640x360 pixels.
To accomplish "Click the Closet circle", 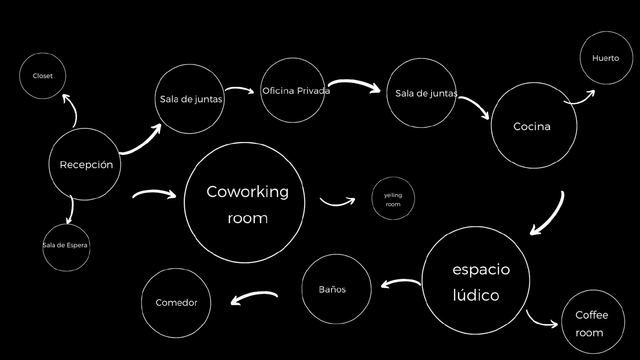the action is pos(43,76).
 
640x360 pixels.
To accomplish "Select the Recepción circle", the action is pos(85,164).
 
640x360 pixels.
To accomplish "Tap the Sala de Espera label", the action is pos(65,245).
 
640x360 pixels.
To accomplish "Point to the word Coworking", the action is pos(247,192).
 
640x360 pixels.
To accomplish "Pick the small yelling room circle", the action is pos(393,199).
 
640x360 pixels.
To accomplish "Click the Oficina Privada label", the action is pos(296,91).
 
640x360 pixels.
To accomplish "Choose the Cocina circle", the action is pos(534,125).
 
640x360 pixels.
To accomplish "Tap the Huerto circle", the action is pos(606,58).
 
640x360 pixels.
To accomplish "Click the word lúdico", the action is pos(476,295).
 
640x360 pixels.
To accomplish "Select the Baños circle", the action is pos(336,289).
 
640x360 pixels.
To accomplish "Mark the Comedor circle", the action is pos(176,303).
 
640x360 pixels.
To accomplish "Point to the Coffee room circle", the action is pos(593,322).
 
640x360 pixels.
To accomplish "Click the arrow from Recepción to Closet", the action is pos(71,110).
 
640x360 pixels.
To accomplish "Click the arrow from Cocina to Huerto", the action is pos(580,99).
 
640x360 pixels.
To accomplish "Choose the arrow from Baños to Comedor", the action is pos(253,297).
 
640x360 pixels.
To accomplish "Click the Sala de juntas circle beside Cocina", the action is pos(422,93).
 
